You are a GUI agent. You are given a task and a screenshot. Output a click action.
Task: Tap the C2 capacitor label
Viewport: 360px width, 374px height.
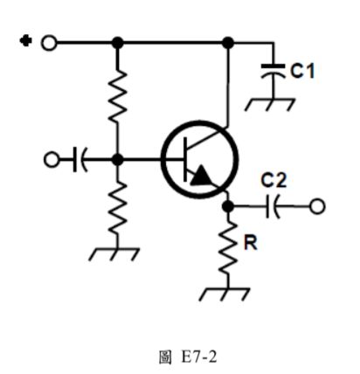pos(273,181)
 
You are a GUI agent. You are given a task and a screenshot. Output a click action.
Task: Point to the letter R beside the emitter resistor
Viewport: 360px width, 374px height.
pos(250,244)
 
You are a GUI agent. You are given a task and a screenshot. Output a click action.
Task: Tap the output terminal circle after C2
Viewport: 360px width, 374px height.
pos(317,206)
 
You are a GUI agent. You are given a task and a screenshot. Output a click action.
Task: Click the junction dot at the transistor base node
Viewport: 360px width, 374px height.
pos(118,160)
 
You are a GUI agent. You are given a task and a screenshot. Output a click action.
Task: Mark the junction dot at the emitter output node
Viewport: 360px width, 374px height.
pos(228,206)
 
